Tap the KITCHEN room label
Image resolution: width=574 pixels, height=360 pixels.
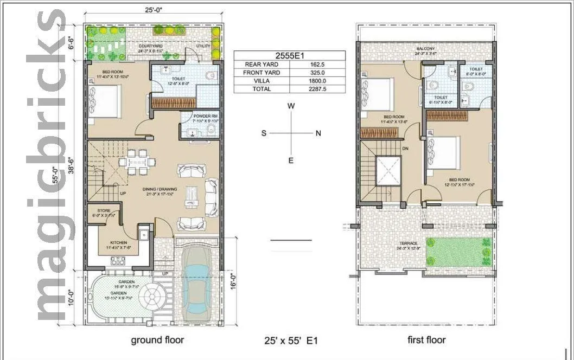pyautogui.click(x=119, y=242)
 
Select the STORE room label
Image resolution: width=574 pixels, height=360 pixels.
pyautogui.click(x=104, y=210)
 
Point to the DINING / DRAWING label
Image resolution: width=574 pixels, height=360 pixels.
pyautogui.click(x=158, y=189)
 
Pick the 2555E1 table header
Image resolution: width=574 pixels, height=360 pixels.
pyautogui.click(x=289, y=55)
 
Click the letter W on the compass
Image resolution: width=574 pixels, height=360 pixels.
pyautogui.click(x=291, y=107)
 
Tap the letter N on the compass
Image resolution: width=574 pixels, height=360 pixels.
pyautogui.click(x=318, y=133)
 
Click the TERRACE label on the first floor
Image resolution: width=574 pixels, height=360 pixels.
pyautogui.click(x=409, y=243)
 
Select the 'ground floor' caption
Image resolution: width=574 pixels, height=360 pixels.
pyautogui.click(x=157, y=340)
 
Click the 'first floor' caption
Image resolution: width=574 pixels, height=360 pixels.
pyautogui.click(x=426, y=340)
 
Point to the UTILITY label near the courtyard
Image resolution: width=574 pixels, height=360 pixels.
pyautogui.click(x=203, y=46)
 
